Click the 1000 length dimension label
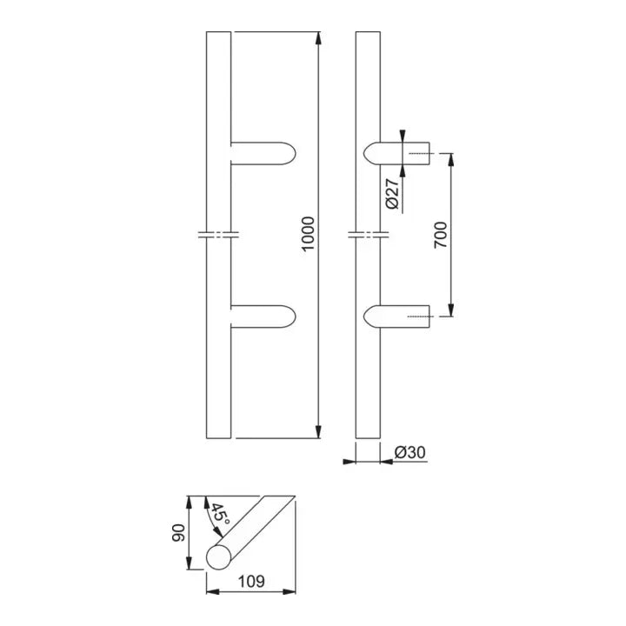pyautogui.click(x=307, y=235)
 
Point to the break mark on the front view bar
pyautogui.click(x=218, y=235)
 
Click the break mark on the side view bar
pyautogui.click(x=368, y=235)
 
